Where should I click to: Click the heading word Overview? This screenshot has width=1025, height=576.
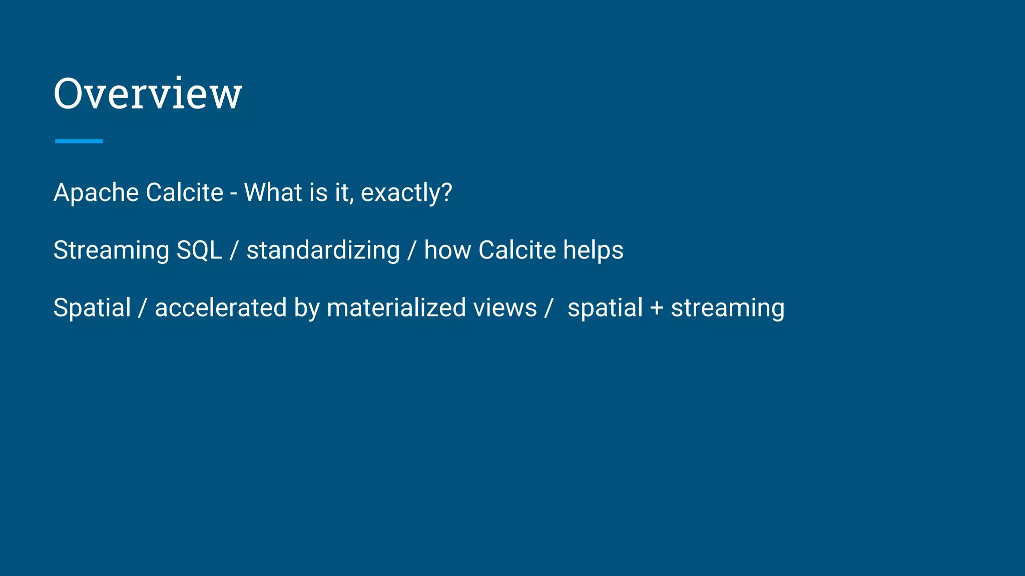(148, 93)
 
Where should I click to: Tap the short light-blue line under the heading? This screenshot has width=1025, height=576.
(79, 141)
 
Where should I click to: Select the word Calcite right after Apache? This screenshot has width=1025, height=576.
(185, 192)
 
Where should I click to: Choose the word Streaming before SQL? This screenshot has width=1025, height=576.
(111, 250)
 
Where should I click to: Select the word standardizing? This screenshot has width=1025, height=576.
(323, 250)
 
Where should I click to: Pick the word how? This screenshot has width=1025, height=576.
(447, 250)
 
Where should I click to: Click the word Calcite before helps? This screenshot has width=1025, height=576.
(517, 250)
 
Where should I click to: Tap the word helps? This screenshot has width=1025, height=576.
(593, 250)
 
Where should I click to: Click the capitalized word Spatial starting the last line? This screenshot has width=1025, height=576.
(92, 307)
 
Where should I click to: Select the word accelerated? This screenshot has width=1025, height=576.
(220, 307)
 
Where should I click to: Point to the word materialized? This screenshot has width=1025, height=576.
(396, 307)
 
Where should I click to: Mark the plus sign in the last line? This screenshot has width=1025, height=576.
(657, 308)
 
